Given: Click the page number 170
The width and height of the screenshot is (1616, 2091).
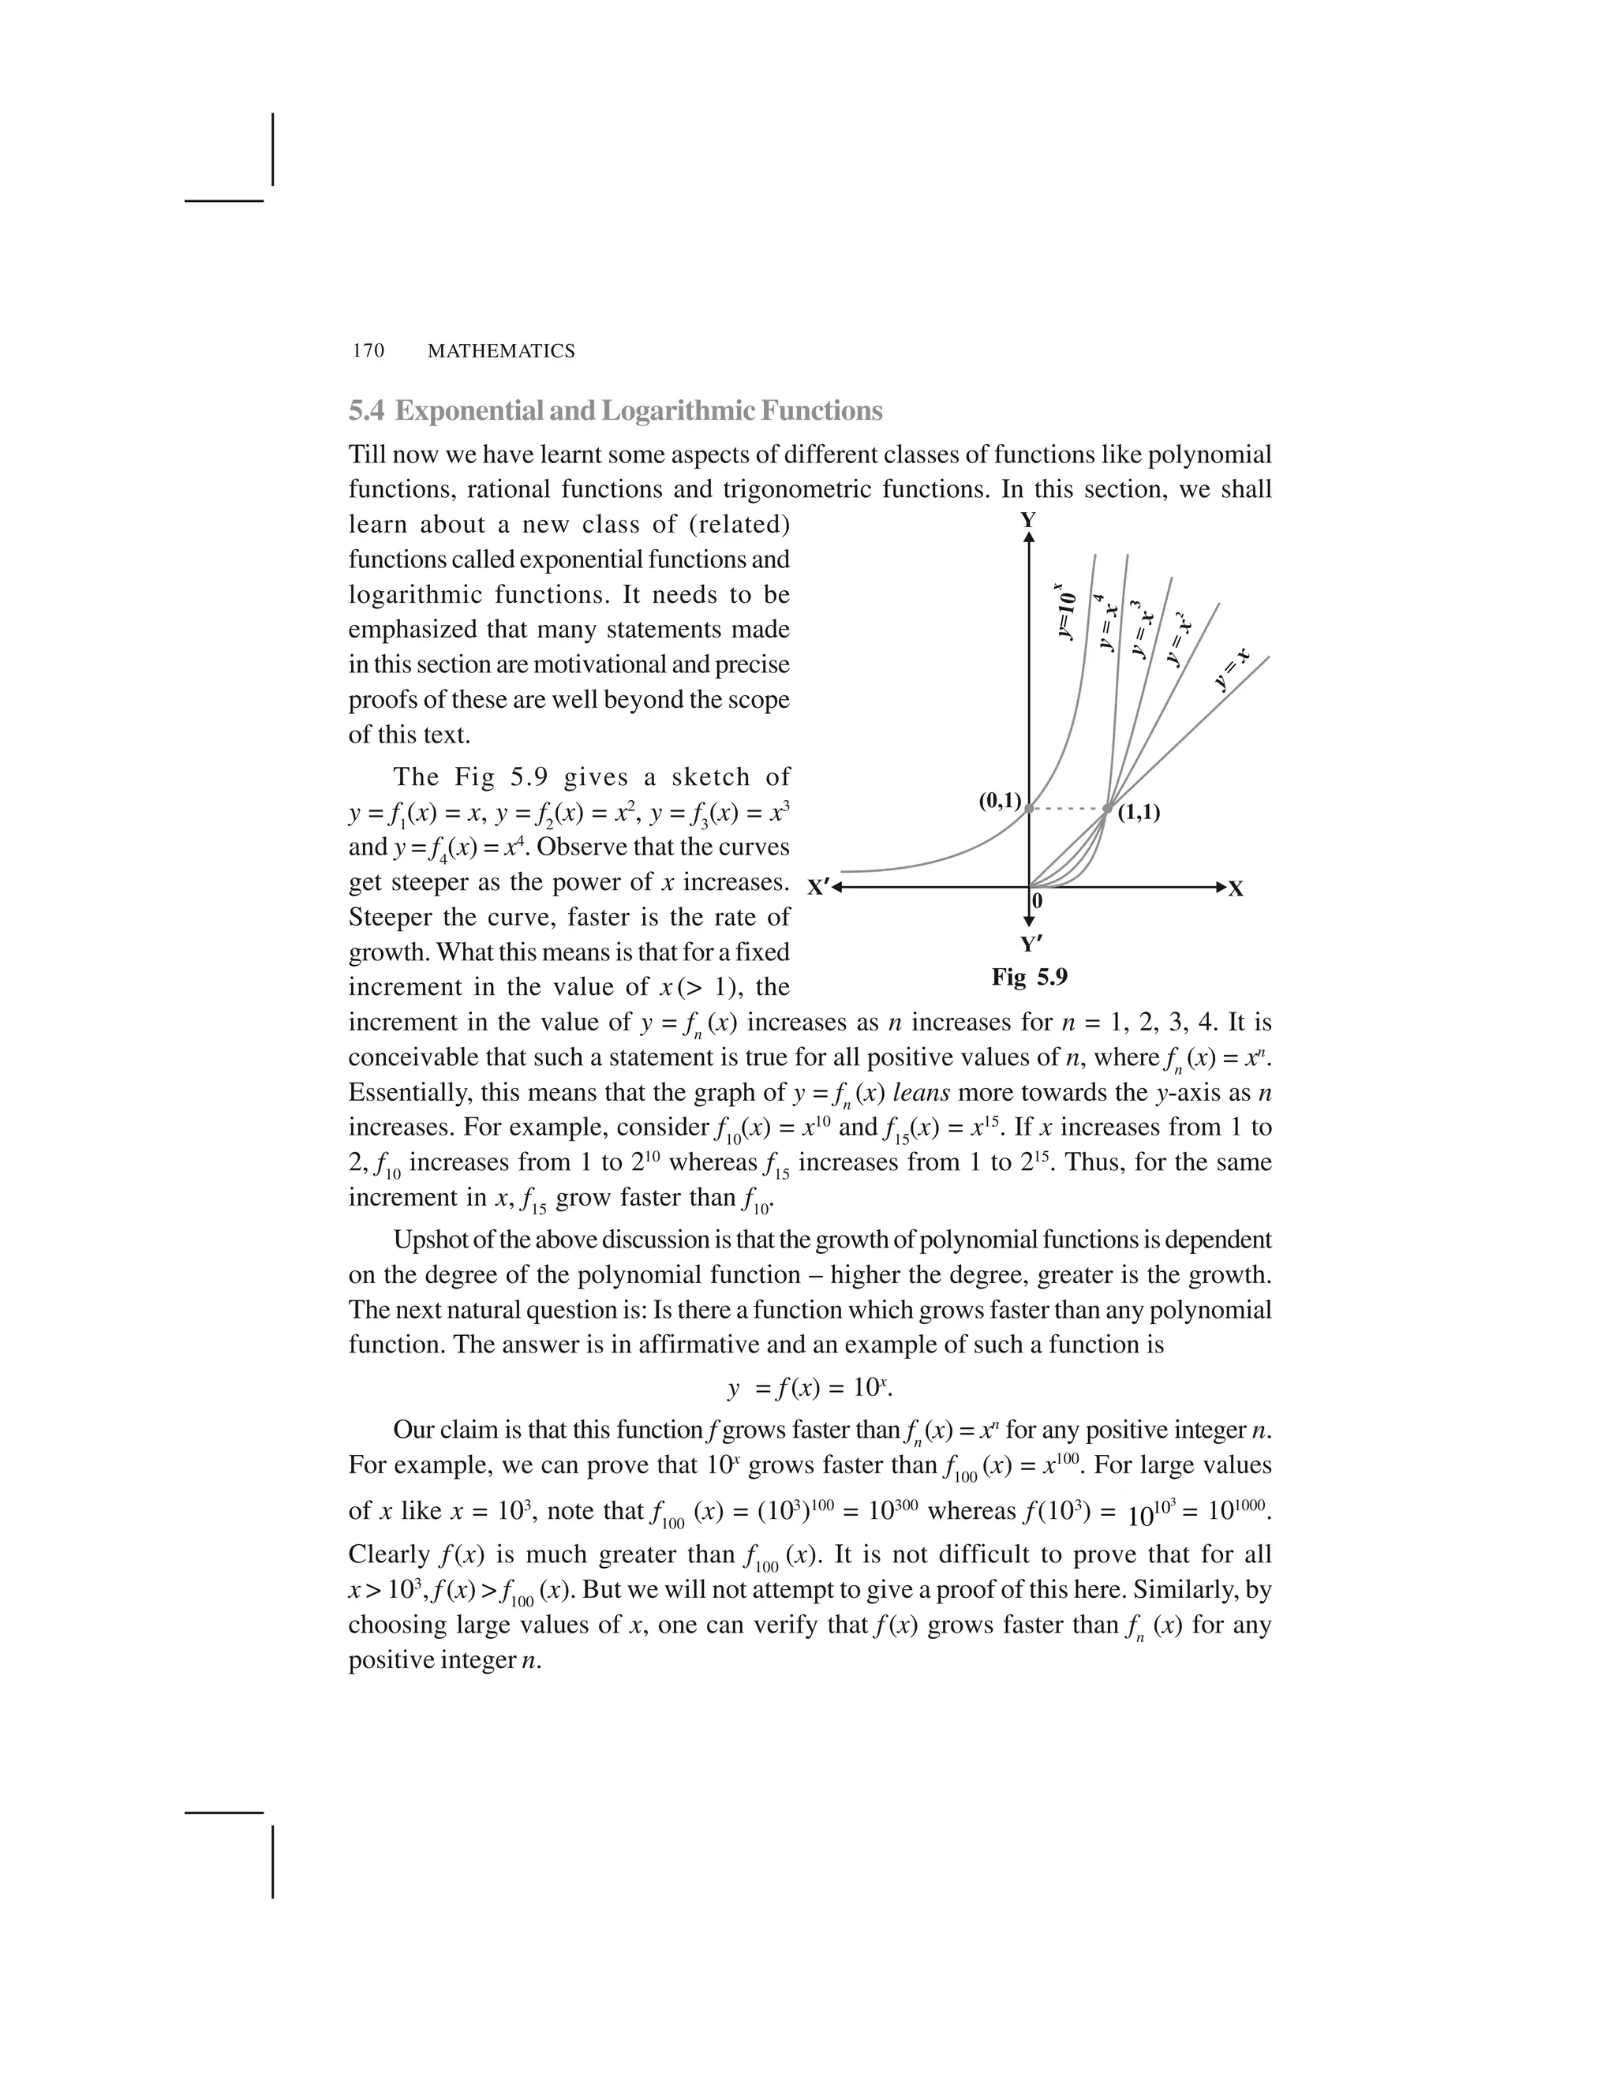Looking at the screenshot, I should coord(368,351).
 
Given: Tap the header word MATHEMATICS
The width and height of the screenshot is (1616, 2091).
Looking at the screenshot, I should coord(501,351).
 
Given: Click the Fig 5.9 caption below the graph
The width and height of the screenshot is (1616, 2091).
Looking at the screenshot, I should coord(1029,977).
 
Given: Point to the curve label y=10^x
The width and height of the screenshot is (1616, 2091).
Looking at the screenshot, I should coord(1065,613).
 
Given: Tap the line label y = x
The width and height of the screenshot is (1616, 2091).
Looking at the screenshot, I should coord(1231,668).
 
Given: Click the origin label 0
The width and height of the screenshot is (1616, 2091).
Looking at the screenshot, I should coord(1038,901).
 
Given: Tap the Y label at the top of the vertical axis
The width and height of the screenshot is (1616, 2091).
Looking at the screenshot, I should coord(1028,521).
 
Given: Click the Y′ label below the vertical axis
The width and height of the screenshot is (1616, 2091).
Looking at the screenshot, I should coord(1030,945).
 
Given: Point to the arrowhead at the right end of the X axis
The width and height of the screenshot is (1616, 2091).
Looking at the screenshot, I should coord(1220,888).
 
